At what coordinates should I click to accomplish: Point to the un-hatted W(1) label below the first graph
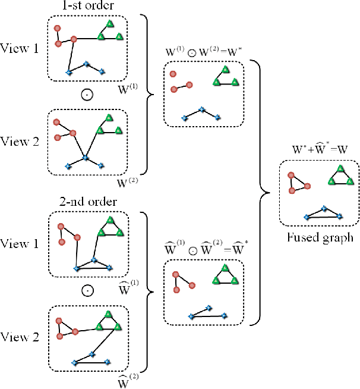click(x=128, y=91)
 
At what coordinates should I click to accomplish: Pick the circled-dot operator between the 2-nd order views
click(x=87, y=291)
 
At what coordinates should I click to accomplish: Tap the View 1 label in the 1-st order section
click(x=20, y=48)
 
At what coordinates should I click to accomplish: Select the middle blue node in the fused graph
click(x=323, y=209)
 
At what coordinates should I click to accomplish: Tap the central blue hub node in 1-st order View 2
click(x=85, y=158)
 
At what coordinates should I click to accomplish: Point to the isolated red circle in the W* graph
click(x=173, y=74)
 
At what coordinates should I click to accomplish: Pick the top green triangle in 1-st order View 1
click(x=109, y=24)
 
